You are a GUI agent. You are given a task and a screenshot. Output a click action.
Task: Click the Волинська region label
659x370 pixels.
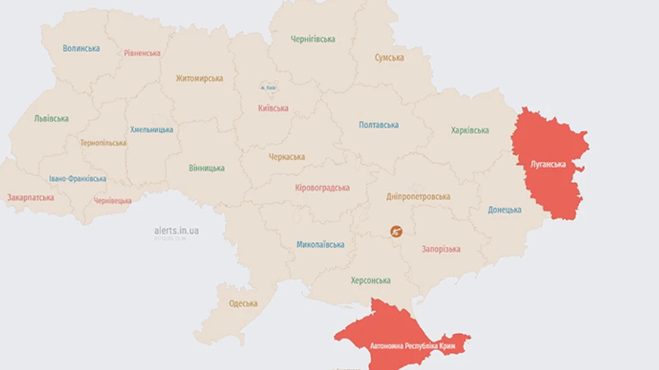(x=81, y=48)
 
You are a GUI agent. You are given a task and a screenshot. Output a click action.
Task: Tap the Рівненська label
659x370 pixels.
(x=142, y=53)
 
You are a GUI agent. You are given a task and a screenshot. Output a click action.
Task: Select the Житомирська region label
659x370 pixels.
(x=199, y=78)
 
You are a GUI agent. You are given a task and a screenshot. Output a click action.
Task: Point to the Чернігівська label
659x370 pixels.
(x=313, y=40)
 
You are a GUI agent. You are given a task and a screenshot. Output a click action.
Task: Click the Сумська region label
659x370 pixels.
(x=390, y=58)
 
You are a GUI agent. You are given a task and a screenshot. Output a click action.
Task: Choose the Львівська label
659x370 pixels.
(x=51, y=119)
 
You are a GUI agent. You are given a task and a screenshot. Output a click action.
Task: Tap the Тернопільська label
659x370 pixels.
(x=103, y=143)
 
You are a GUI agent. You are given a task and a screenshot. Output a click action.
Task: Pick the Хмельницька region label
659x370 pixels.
(x=152, y=130)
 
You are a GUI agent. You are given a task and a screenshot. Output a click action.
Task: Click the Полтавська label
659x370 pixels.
(x=379, y=125)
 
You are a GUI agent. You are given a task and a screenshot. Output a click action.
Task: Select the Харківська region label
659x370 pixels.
(x=469, y=130)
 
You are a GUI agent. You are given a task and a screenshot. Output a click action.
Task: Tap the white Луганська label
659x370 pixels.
(x=548, y=164)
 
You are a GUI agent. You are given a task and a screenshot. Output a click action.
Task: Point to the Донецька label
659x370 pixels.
(x=505, y=210)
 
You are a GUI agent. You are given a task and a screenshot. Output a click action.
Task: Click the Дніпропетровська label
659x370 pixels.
(x=419, y=197)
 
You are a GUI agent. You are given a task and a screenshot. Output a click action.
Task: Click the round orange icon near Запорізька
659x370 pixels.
(x=396, y=232)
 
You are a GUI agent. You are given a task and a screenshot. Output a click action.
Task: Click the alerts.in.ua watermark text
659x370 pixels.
(x=176, y=231)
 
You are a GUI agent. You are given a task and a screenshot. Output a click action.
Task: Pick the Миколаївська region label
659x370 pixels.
(x=320, y=245)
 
